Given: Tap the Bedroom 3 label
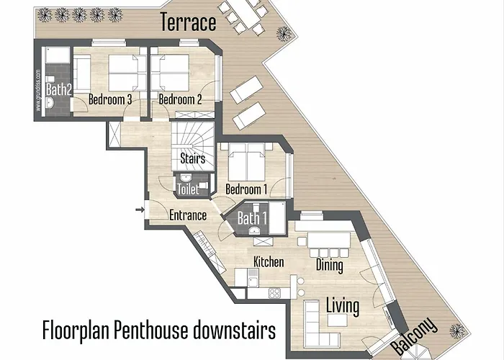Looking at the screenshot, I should click(109, 100).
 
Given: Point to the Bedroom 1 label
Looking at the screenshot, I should click(246, 189).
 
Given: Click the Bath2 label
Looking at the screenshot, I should click(56, 90).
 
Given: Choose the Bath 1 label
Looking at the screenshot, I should click(252, 218).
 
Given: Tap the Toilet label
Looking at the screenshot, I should click(187, 189).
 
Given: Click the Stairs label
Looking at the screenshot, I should click(192, 158).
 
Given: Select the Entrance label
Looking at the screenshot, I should click(188, 215).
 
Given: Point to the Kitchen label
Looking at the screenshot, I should click(268, 261).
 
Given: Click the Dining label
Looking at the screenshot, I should click(330, 266).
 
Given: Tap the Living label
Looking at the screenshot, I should click(343, 305).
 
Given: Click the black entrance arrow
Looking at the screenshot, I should click(138, 210).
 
